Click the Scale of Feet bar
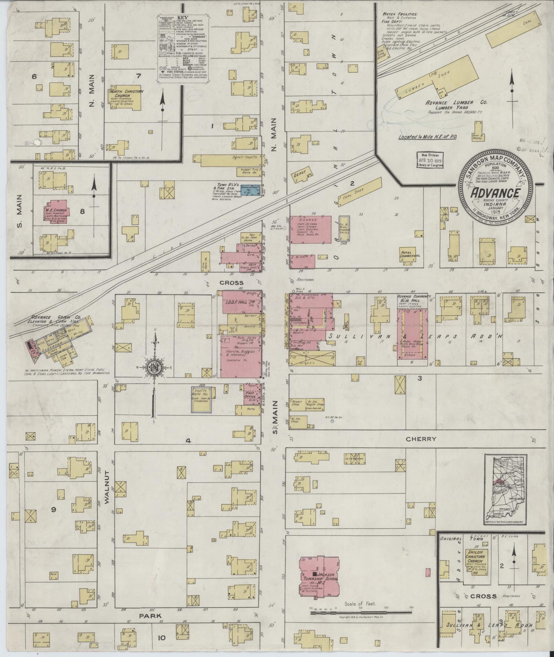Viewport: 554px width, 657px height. (x=361, y=612)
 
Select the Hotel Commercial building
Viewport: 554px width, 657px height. (x=408, y=256)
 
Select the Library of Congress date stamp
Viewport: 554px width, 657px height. (x=430, y=160)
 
